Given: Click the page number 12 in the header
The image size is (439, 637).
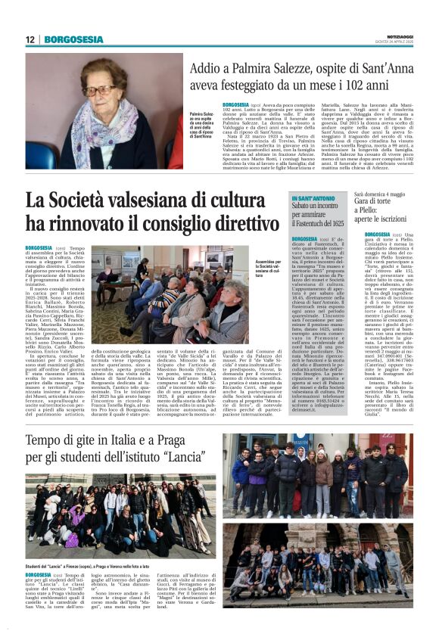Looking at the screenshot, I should point(30,39).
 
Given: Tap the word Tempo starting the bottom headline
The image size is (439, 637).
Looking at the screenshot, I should point(48,441).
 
